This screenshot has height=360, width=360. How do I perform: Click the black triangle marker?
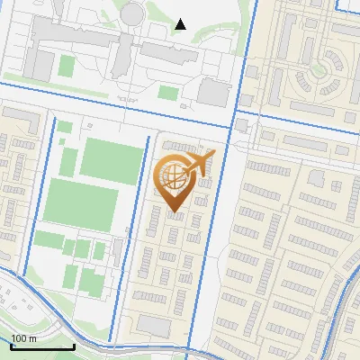180,24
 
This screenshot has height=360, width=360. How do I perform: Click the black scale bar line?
42,346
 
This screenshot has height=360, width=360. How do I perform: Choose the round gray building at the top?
133,13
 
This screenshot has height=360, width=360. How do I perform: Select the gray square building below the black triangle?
214,92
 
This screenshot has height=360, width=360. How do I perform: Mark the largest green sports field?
82,204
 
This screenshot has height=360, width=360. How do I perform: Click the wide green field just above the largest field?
112,157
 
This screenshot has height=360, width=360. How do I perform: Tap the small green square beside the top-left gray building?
66,66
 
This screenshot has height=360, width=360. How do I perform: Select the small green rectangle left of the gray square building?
168,92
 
